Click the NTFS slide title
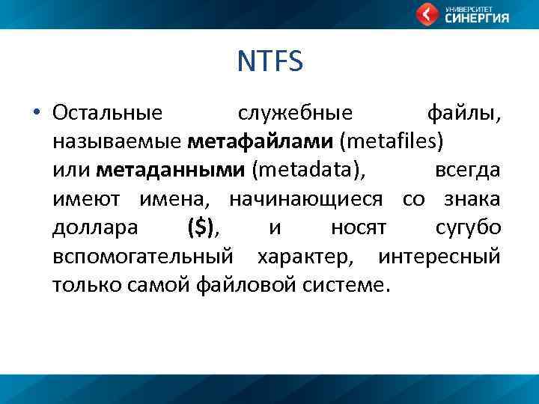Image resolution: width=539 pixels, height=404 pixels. (269, 61)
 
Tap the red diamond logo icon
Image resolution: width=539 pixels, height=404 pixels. (427, 13)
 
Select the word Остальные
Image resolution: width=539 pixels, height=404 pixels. (107, 114)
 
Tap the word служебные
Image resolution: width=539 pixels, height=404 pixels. (295, 114)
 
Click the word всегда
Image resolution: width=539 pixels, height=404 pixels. (467, 171)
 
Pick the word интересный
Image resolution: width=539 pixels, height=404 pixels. (439, 256)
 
